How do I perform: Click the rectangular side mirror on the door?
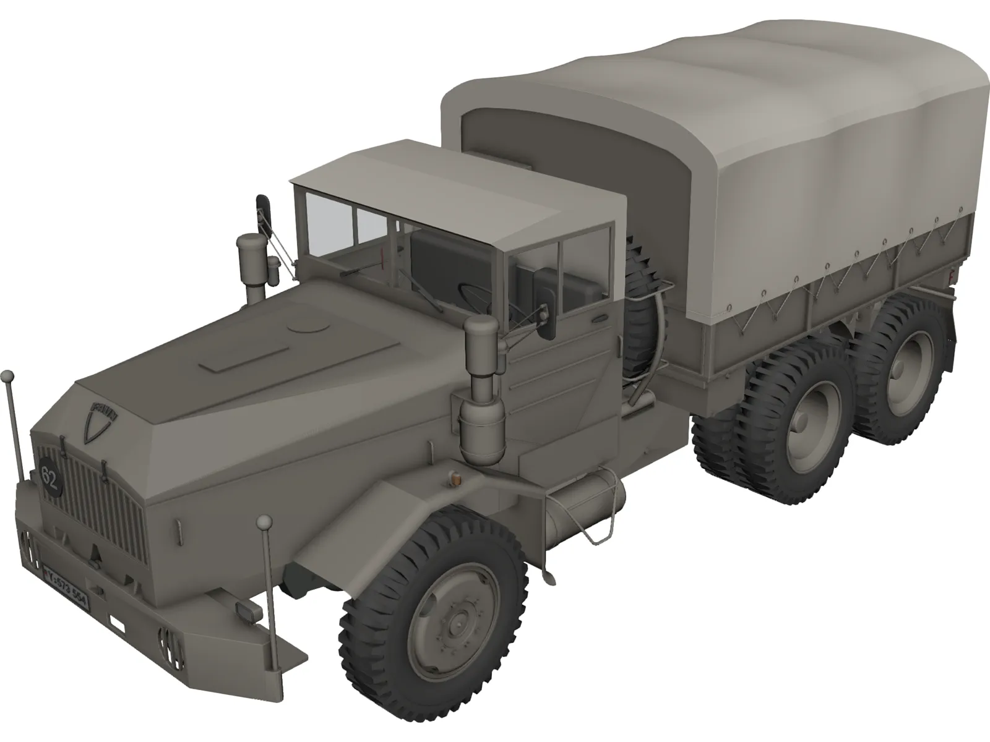coord(546,303)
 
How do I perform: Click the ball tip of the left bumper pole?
coord(7,375)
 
